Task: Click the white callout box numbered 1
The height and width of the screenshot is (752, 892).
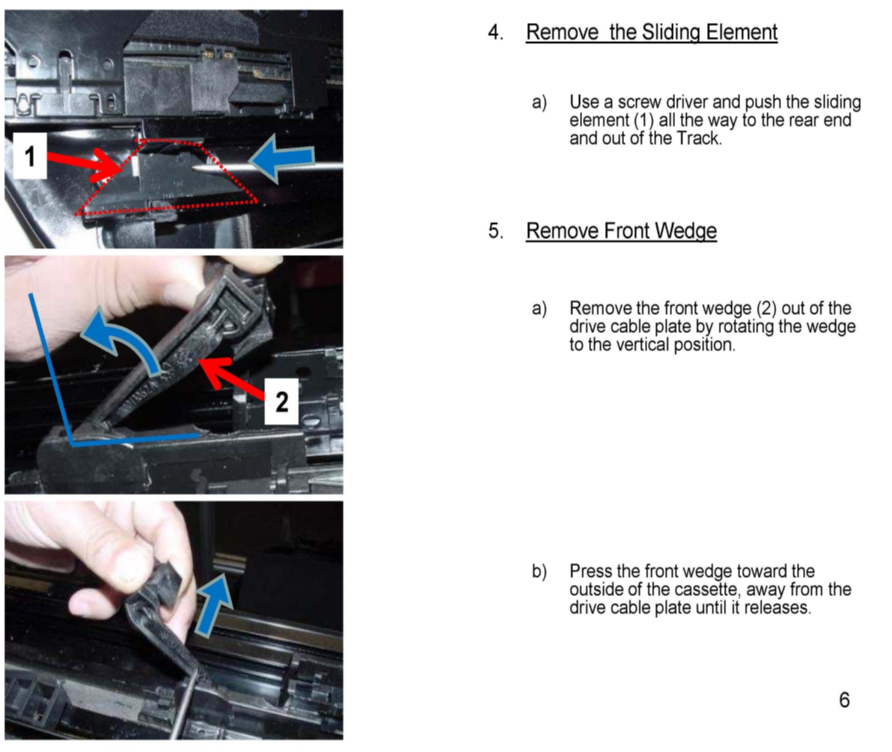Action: pyautogui.click(x=29, y=156)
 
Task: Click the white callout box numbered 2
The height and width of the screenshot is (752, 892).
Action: pyautogui.click(x=281, y=401)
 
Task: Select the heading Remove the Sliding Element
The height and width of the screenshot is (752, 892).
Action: pyautogui.click(x=651, y=32)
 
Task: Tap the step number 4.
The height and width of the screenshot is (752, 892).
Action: pyautogui.click(x=495, y=32)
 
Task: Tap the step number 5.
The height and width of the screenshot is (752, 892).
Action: pyautogui.click(x=495, y=231)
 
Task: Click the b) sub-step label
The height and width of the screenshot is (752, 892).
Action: pyautogui.click(x=539, y=571)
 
